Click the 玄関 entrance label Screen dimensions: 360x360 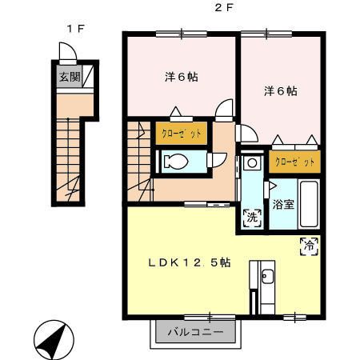(68, 78)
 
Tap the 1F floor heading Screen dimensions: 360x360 (75, 29)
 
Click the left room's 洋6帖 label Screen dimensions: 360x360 (182, 78)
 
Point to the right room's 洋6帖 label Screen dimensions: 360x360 (281, 91)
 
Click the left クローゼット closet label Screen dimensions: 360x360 (183, 133)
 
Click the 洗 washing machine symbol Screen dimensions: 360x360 (252, 216)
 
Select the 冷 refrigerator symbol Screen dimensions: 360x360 (307, 246)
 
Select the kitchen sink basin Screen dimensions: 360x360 (267, 278)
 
